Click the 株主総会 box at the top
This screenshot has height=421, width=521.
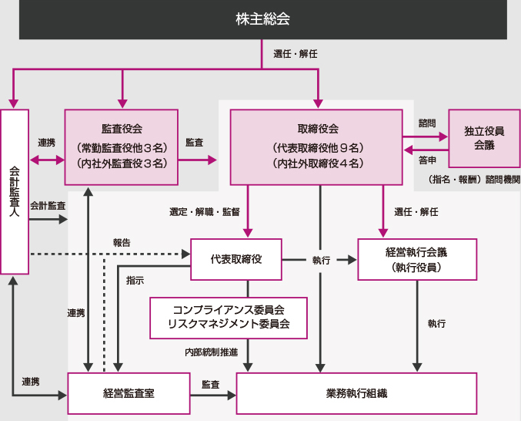point(262,19)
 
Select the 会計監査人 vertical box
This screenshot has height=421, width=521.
point(15,191)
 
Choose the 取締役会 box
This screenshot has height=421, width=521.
point(317,147)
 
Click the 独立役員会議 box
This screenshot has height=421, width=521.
point(484,138)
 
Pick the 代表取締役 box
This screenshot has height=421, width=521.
point(236,259)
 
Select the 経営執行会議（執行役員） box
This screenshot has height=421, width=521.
point(416,259)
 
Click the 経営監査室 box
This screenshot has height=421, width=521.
point(129,393)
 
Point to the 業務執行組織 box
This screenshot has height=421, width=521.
point(356,393)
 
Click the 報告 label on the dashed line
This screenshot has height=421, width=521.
point(122,243)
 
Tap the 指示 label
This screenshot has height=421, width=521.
point(135,281)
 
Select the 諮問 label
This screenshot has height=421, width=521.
point(427,123)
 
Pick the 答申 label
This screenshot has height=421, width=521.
point(427,160)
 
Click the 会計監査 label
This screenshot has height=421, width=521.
point(48,206)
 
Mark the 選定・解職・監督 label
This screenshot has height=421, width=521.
point(205,211)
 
